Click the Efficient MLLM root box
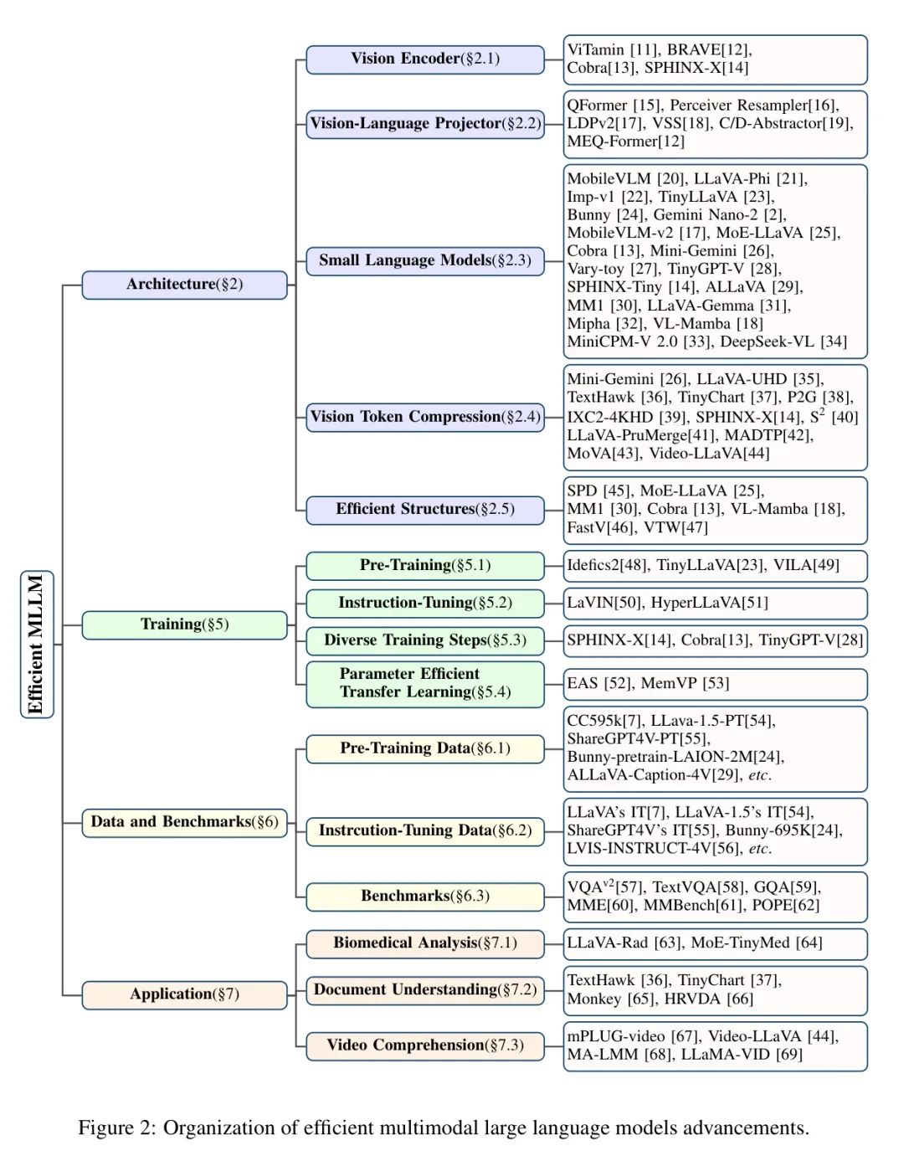[36, 644]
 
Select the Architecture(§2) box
[184, 285]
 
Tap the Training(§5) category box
[184, 624]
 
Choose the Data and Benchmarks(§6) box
[184, 822]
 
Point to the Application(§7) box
[184, 994]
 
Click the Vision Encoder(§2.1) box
[424, 59]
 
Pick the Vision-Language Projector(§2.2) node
[424, 124]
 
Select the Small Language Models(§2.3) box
[424, 260]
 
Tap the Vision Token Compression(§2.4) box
[424, 417]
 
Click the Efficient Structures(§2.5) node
[424, 509]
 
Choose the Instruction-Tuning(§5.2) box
[424, 603]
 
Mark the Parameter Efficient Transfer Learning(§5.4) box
[424, 683]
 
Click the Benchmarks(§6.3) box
[424, 896]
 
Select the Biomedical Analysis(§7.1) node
[424, 943]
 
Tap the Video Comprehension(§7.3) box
[424, 1046]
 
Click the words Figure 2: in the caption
[116, 1128]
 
